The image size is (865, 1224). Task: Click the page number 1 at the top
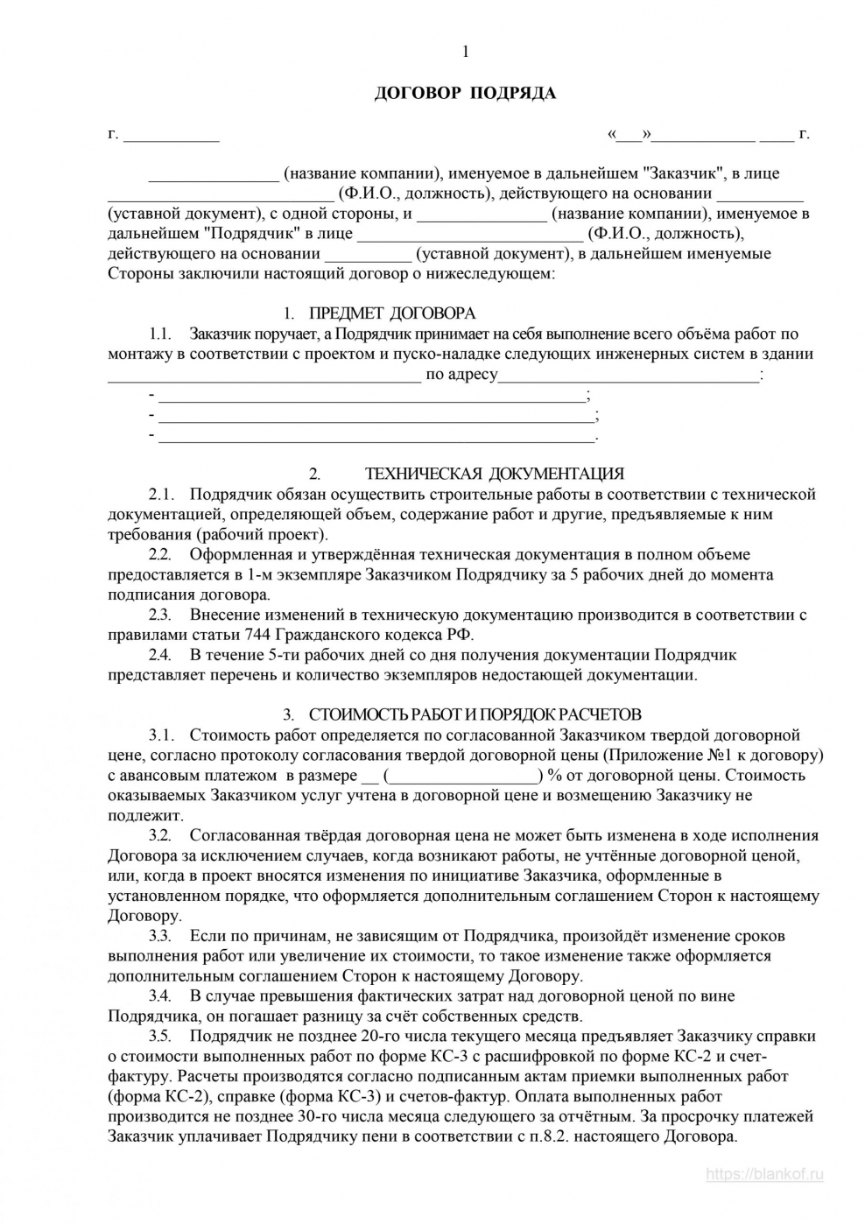pyautogui.click(x=465, y=52)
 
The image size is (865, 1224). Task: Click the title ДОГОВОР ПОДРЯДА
pyautogui.click(x=465, y=94)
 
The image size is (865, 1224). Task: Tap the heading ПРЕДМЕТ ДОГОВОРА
pyautogui.click(x=391, y=313)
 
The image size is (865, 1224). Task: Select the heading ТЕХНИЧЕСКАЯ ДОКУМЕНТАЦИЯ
pyautogui.click(x=494, y=475)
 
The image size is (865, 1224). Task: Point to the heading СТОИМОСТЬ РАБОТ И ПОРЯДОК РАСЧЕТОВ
pyautogui.click(x=475, y=714)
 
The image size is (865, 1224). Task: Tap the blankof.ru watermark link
pyautogui.click(x=764, y=1176)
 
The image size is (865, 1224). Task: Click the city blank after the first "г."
pyautogui.click(x=171, y=136)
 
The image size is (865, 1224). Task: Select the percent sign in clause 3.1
pyautogui.click(x=553, y=775)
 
